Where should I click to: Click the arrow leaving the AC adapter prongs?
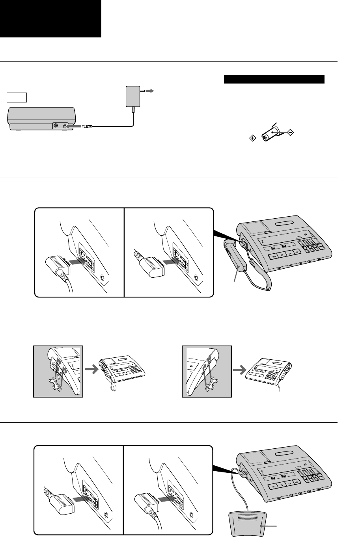150,91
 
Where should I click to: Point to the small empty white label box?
17,97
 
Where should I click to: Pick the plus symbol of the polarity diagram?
252,138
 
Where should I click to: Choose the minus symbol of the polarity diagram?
290,133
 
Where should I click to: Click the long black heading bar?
274,80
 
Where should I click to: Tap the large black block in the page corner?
50,19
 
